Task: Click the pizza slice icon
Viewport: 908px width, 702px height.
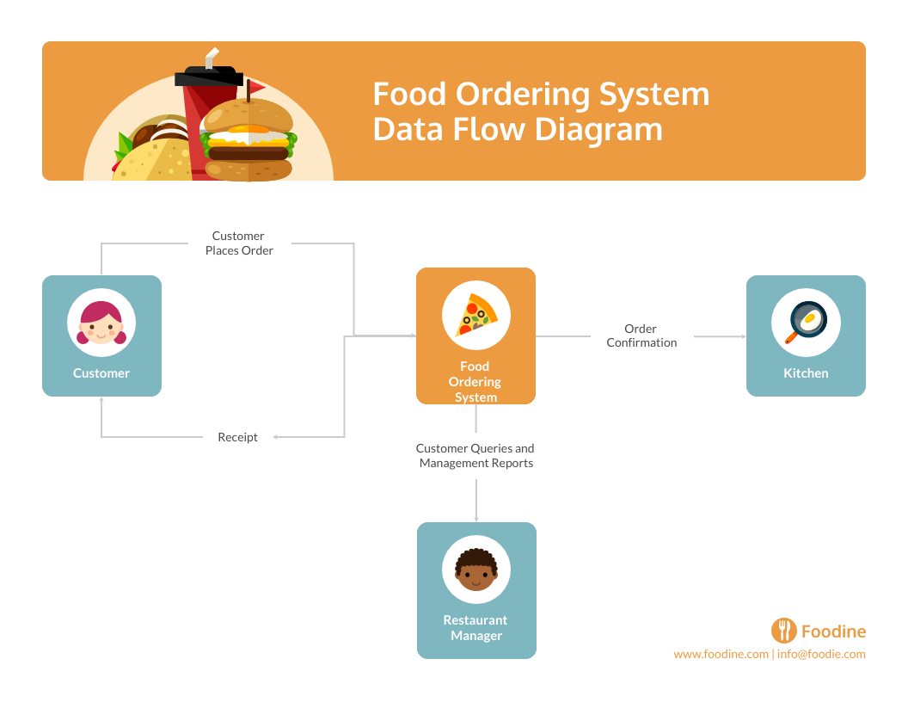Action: pyautogui.click(x=476, y=315)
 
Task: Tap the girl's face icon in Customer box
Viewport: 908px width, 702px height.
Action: pyautogui.click(x=101, y=323)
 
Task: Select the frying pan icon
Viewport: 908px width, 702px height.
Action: pyautogui.click(x=806, y=323)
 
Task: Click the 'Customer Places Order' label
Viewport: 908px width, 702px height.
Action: pyautogui.click(x=239, y=243)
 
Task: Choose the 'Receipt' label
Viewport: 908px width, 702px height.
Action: pyautogui.click(x=237, y=437)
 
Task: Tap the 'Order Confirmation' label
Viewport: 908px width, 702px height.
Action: pyautogui.click(x=641, y=336)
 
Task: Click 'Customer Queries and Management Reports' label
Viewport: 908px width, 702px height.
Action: pyautogui.click(x=475, y=456)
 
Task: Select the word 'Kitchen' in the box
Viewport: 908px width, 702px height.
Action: pyautogui.click(x=806, y=373)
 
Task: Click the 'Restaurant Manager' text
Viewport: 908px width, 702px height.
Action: pyautogui.click(x=475, y=628)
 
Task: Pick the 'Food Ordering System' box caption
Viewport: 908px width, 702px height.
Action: pyautogui.click(x=475, y=382)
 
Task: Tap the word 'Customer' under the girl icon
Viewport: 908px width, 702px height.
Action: pyautogui.click(x=101, y=373)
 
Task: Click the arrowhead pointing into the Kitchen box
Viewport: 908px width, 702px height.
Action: pyautogui.click(x=743, y=336)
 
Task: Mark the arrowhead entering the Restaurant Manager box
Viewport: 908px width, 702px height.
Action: pyautogui.click(x=476, y=519)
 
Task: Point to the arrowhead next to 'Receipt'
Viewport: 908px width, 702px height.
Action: pyautogui.click(x=277, y=437)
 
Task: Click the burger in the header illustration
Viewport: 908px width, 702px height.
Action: pyautogui.click(x=248, y=142)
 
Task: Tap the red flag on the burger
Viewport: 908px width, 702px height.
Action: pyautogui.click(x=255, y=87)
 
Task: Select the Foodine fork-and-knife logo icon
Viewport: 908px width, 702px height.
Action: pyautogui.click(x=783, y=631)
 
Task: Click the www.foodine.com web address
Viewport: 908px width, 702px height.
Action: pyautogui.click(x=721, y=654)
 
